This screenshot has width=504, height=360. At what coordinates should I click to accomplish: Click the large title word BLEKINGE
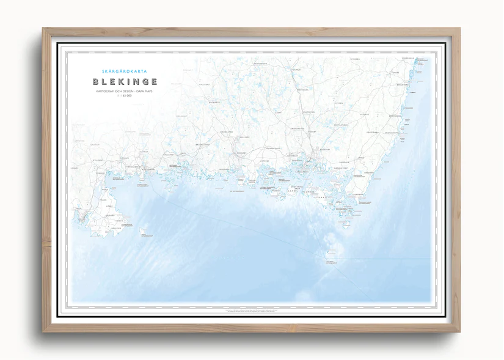tap(125, 81)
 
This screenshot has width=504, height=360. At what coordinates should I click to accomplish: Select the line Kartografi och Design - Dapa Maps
tap(125, 91)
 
